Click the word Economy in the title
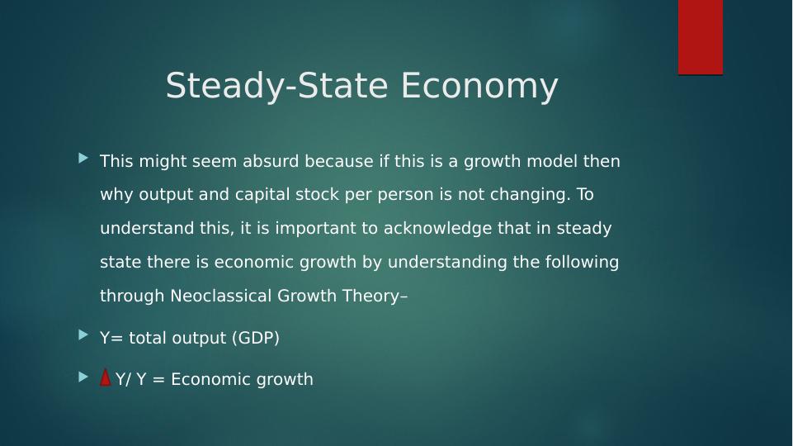[x=480, y=87]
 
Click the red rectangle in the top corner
[x=700, y=37]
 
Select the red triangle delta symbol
[x=105, y=377]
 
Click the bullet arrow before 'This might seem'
[x=83, y=158]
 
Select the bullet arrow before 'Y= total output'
[x=83, y=334]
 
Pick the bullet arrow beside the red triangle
[x=83, y=377]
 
